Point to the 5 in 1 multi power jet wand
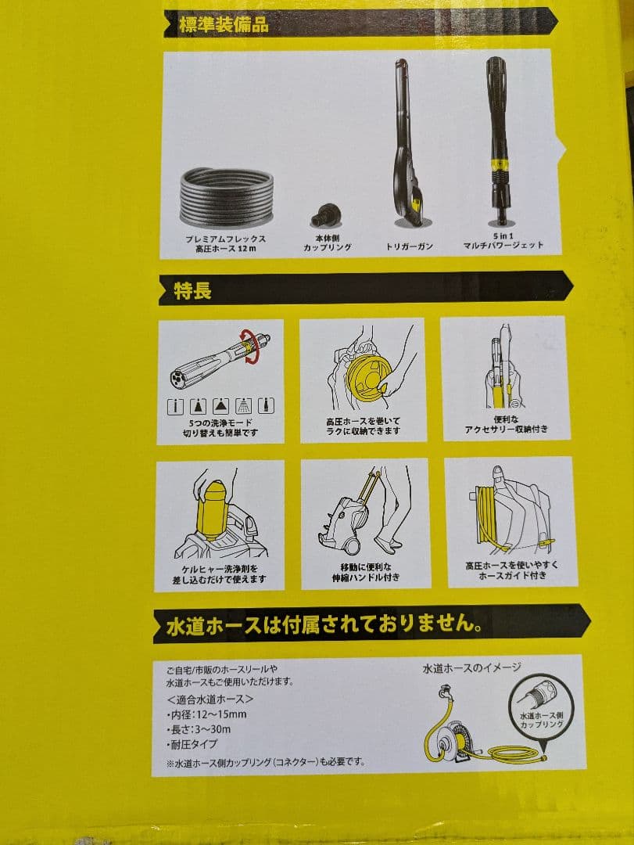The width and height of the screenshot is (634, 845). [x=498, y=141]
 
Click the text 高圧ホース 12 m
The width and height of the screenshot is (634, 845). [x=226, y=248]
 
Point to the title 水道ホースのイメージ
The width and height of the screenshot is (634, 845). [x=471, y=667]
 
